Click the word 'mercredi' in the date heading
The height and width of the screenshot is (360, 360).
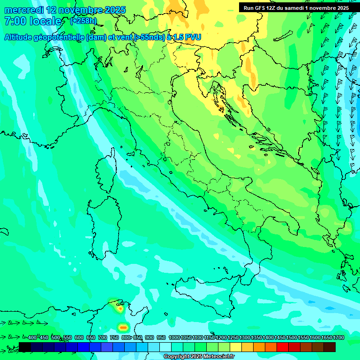23,10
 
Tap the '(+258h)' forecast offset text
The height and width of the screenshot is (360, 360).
83,21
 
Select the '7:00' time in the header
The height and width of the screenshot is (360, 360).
15,21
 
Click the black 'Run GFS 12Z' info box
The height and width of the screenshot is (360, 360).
296,8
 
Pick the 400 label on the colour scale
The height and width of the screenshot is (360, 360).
32,337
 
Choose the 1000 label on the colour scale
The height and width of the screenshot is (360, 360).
174,337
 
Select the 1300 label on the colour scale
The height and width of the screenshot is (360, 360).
245,337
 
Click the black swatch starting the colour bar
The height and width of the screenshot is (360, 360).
25,347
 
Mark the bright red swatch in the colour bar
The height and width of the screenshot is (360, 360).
283,347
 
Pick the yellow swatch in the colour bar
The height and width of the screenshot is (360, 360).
236,347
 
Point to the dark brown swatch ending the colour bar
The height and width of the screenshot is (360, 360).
330,347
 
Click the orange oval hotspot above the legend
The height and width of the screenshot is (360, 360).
123,327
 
